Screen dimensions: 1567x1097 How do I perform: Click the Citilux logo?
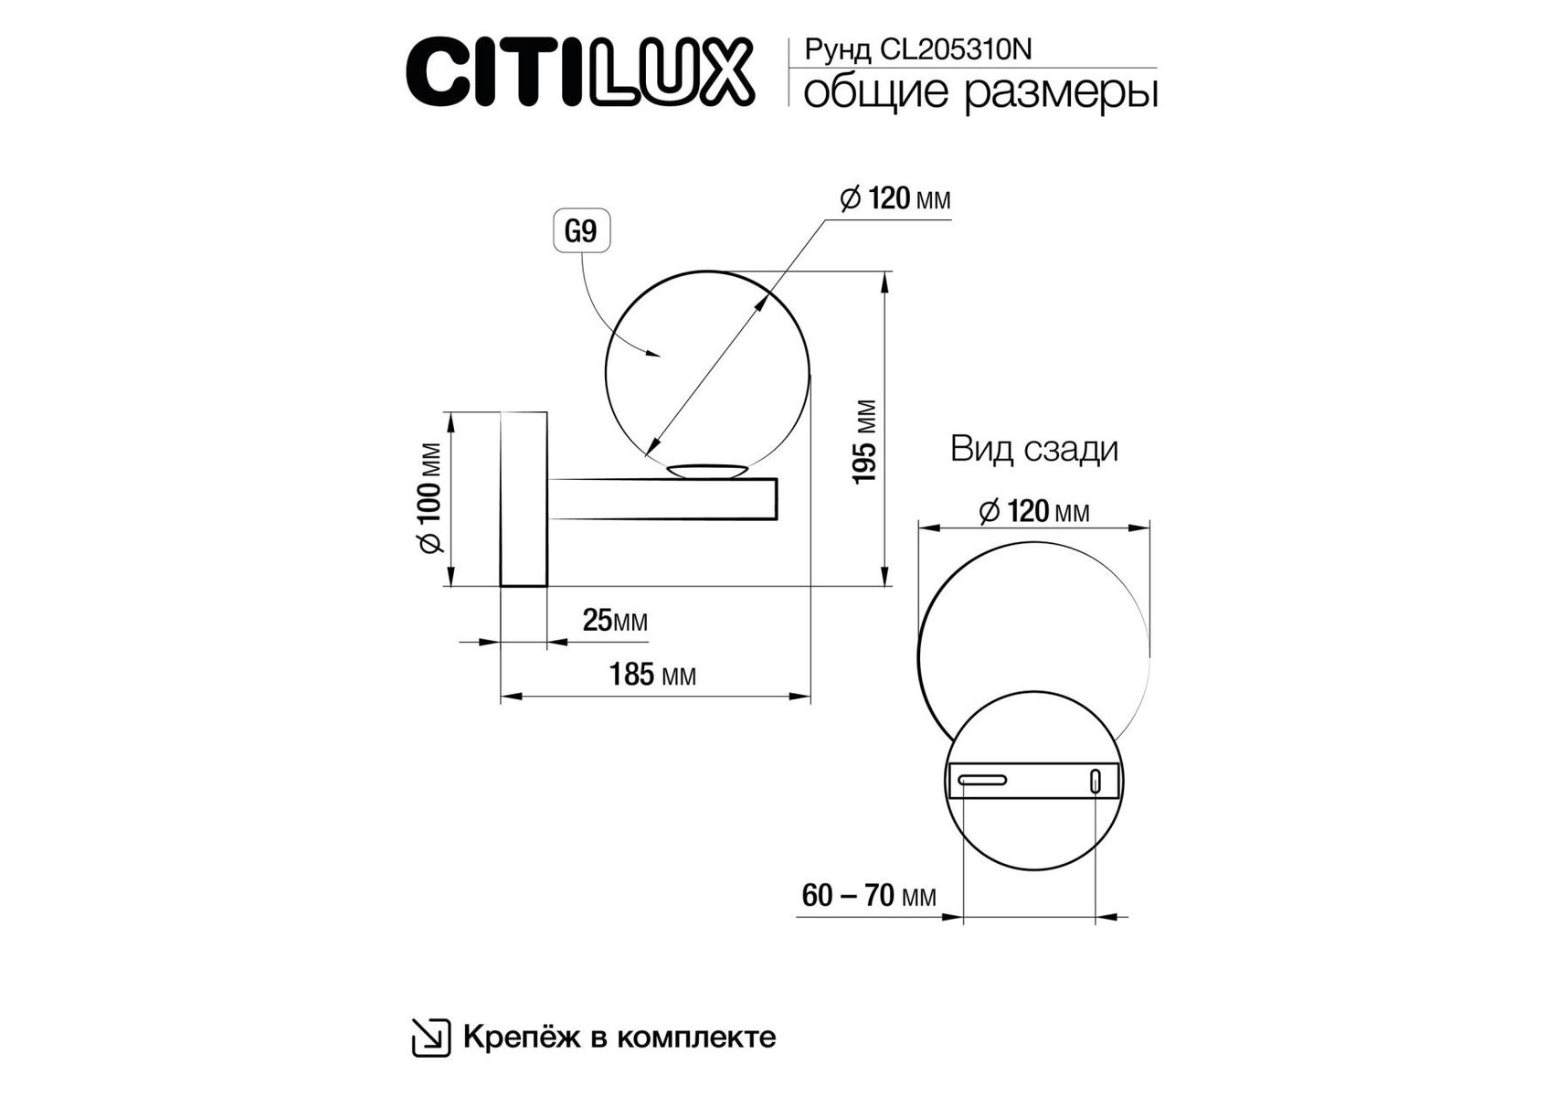(580, 71)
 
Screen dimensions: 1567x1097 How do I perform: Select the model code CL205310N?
(956, 49)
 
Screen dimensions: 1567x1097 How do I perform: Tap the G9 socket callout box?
(581, 231)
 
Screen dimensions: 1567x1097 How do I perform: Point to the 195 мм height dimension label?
(864, 442)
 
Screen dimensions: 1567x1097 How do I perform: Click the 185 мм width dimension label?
(652, 675)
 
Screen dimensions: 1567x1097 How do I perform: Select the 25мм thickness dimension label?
(615, 621)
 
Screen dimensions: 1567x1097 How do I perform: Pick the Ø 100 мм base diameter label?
(430, 498)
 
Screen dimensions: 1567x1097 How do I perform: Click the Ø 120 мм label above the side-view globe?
(895, 198)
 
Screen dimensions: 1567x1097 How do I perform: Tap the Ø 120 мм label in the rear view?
(1034, 512)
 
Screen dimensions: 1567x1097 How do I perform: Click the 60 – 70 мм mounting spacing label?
(869, 895)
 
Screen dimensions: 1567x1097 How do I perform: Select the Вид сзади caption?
(1034, 449)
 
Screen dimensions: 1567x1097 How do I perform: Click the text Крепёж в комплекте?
(619, 1037)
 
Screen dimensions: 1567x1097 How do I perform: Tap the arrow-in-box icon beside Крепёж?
(430, 1038)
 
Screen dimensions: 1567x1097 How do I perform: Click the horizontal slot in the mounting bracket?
(982, 780)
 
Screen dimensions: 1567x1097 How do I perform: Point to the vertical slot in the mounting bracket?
(1096, 781)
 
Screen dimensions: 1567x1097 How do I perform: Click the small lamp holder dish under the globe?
(707, 471)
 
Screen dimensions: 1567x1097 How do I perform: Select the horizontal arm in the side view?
(662, 499)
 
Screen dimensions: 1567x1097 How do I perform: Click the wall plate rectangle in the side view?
(524, 499)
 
